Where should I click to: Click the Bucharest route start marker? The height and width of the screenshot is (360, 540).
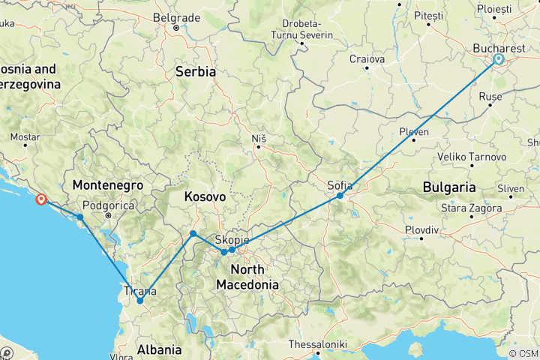pos(499,59)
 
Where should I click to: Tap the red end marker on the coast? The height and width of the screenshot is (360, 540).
pos(40,199)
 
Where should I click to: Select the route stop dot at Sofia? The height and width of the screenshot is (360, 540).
pos(340,195)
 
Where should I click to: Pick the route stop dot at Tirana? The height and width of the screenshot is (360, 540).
pos(139,301)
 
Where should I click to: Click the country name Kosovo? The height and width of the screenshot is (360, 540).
pos(205,196)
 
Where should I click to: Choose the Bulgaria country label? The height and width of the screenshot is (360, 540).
pos(448,186)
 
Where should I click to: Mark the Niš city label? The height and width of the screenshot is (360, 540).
pos(258,138)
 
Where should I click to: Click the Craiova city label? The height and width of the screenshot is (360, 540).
pos(367,58)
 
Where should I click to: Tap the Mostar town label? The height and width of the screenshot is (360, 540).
pos(25,137)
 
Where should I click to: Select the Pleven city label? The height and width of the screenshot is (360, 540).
pos(413,132)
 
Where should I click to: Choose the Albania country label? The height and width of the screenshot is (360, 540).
pos(159,349)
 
